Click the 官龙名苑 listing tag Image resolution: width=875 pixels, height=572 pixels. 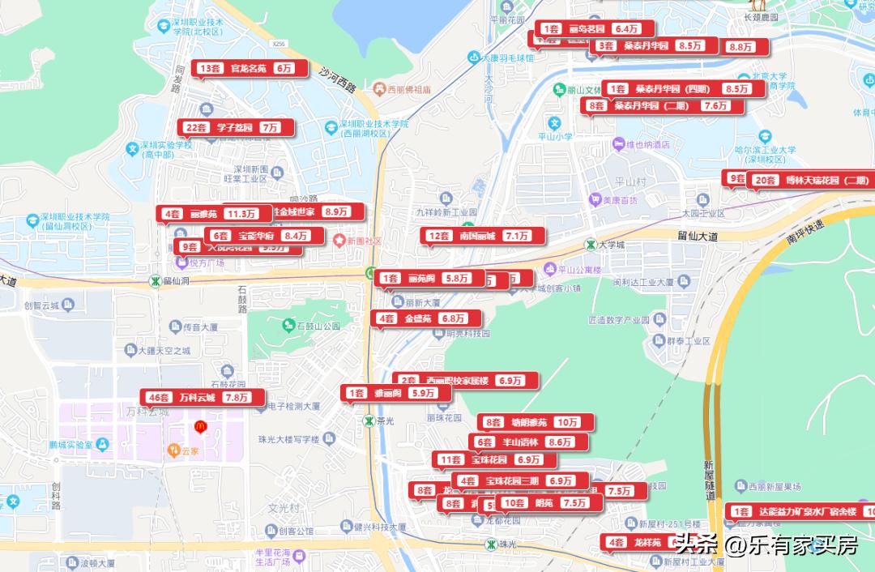click(250, 69)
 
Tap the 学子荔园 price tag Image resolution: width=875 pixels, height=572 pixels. click(235, 128)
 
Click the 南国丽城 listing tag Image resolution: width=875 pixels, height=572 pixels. click(482, 237)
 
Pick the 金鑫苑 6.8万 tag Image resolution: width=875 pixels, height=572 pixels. click(425, 319)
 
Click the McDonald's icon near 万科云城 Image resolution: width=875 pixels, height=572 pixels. click(198, 425)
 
